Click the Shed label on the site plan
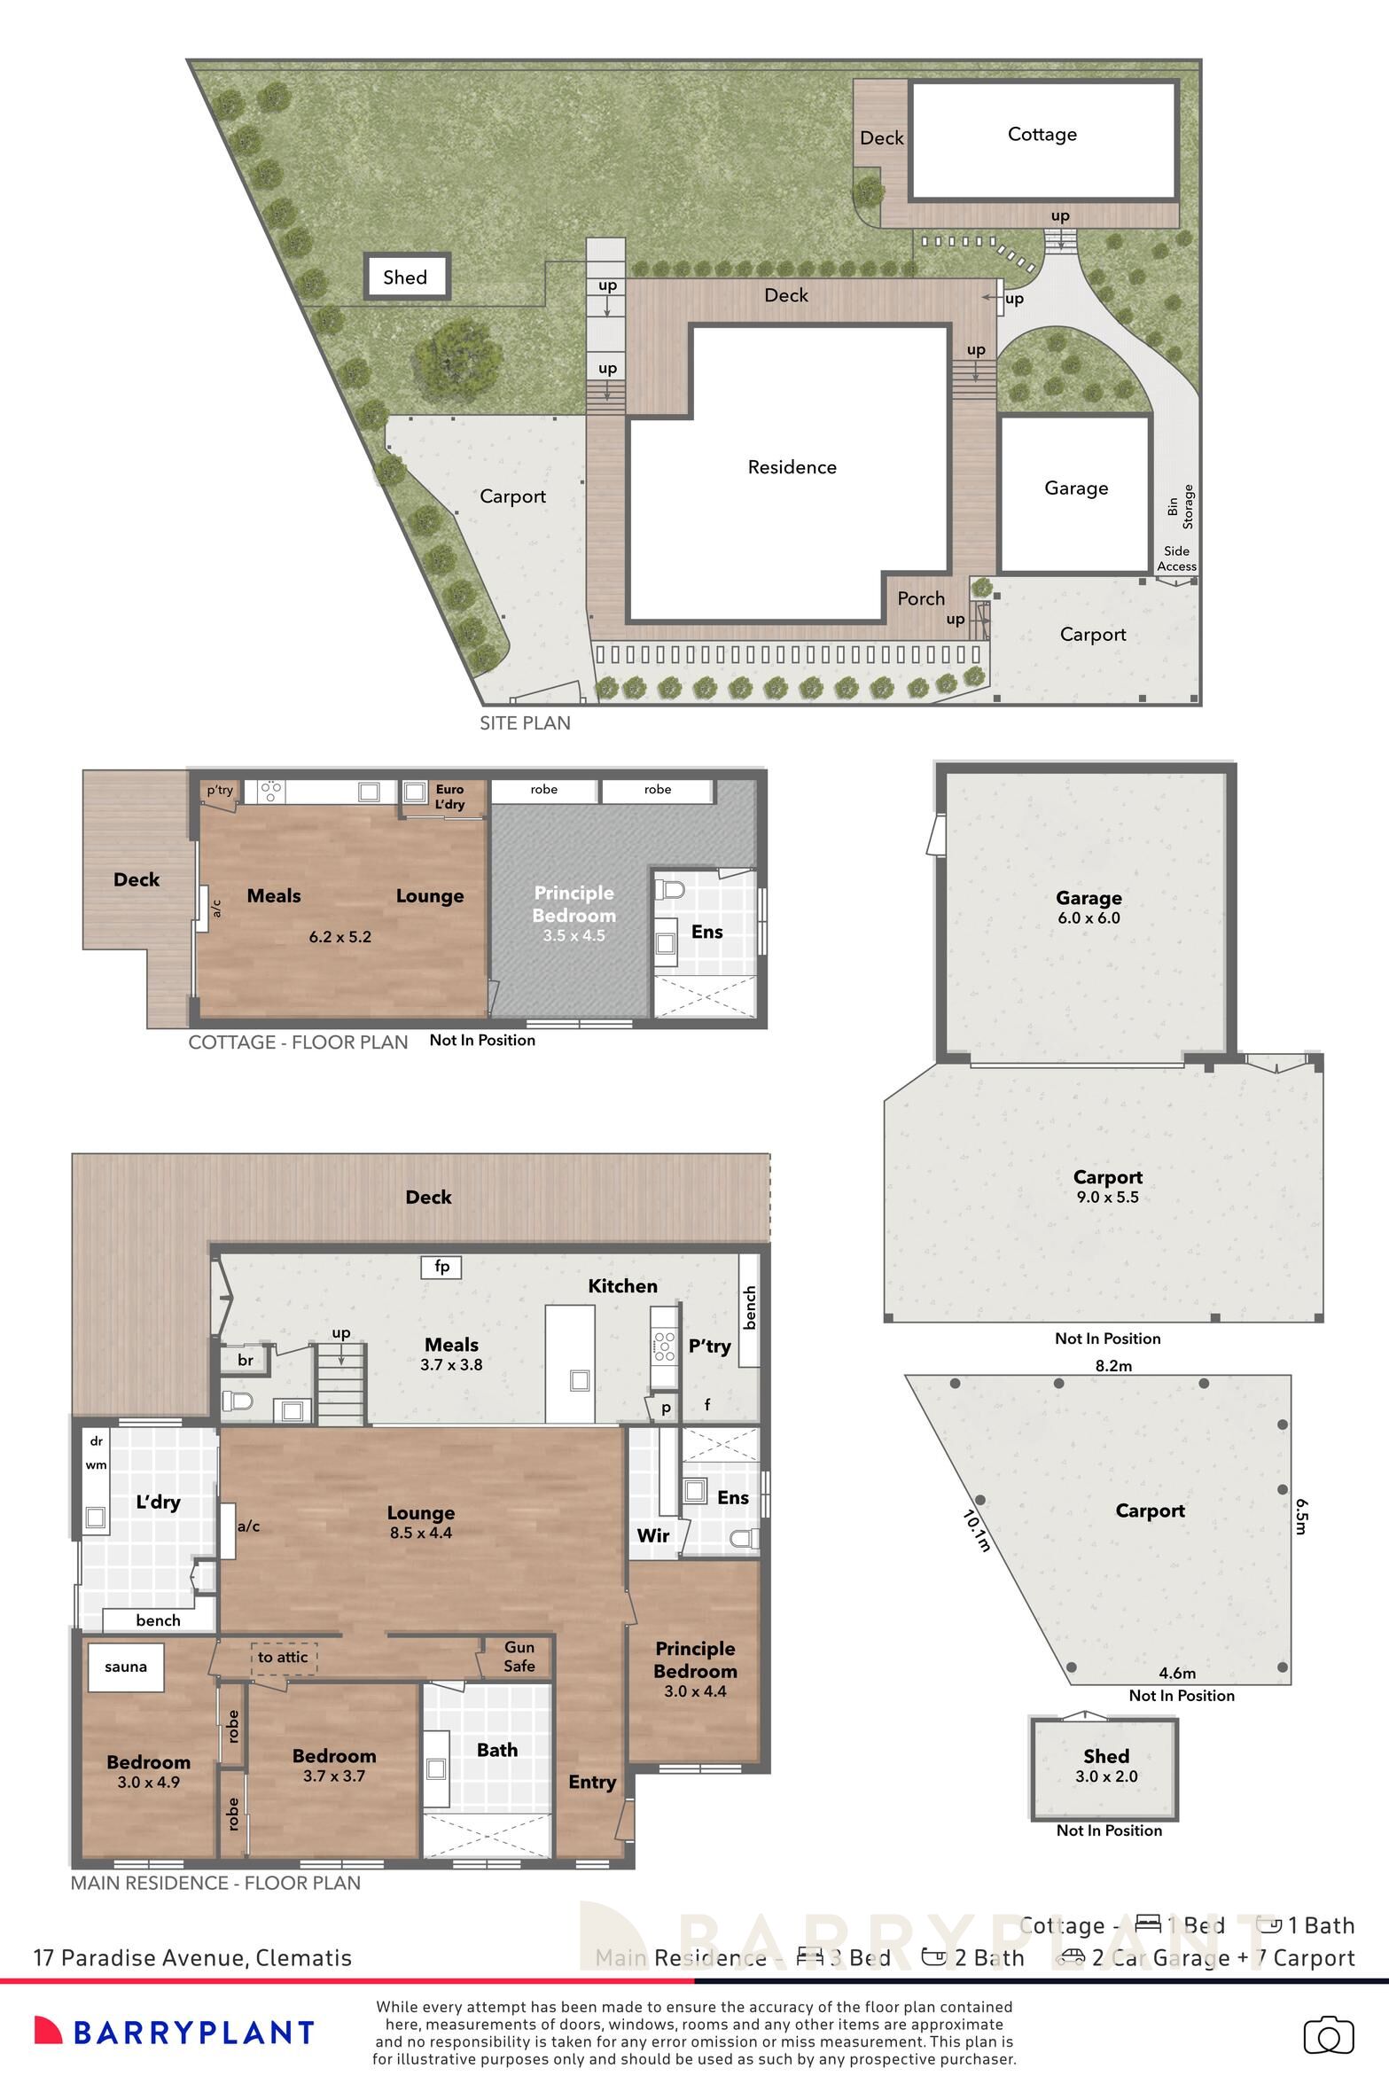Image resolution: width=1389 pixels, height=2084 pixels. [x=405, y=277]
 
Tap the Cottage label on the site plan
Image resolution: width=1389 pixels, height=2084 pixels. [x=1042, y=134]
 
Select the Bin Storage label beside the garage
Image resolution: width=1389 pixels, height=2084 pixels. [x=1181, y=507]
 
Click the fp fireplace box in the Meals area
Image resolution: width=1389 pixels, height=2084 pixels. [x=441, y=1267]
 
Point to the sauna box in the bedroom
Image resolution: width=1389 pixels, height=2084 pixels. [x=125, y=1666]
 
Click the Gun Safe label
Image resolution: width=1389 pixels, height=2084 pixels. [x=519, y=1656]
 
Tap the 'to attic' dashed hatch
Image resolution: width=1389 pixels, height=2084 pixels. [x=283, y=1657]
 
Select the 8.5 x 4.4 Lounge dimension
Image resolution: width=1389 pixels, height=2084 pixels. [x=421, y=1533]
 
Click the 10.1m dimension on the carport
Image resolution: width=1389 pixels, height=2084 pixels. [x=976, y=1532]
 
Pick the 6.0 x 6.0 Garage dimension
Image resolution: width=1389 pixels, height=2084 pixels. [x=1089, y=918]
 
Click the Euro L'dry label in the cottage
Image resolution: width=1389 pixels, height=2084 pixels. [x=449, y=796]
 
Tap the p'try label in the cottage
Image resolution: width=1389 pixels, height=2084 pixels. [x=220, y=790]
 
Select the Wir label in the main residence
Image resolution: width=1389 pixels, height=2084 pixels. [x=652, y=1535]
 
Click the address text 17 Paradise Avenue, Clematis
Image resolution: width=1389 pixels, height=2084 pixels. [x=192, y=1957]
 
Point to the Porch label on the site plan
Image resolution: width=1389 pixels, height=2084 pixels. [x=921, y=598]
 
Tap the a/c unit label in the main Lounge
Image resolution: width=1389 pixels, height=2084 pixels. [x=249, y=1526]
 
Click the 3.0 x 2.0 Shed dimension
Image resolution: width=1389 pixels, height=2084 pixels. [x=1106, y=1776]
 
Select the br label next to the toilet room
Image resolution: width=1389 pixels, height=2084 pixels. [x=246, y=1360]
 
